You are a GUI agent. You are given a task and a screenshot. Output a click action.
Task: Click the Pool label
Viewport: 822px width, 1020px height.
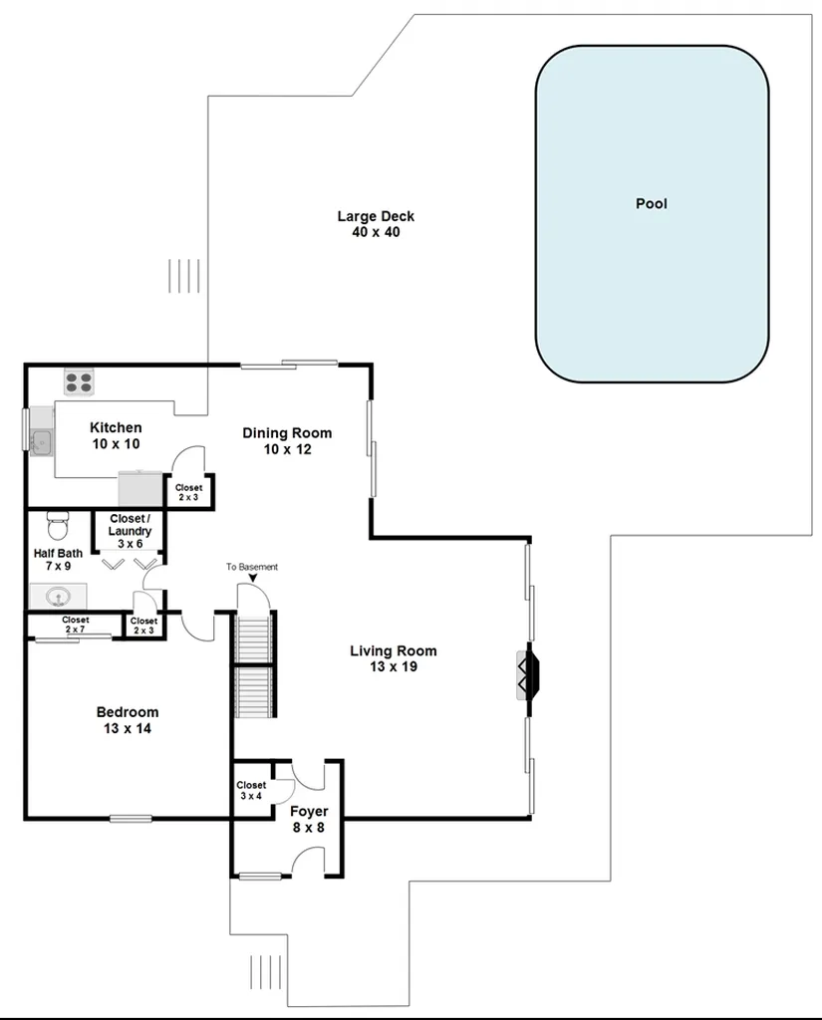pyautogui.click(x=652, y=203)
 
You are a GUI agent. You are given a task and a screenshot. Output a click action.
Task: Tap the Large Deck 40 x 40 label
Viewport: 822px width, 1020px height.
pyautogui.click(x=376, y=224)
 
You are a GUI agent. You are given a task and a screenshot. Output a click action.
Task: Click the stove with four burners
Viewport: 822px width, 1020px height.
pyautogui.click(x=79, y=382)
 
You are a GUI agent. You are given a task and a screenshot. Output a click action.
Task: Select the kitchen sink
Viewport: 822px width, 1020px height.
pyautogui.click(x=42, y=442)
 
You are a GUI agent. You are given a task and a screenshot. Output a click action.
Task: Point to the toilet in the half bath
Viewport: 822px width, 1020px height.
pyautogui.click(x=58, y=526)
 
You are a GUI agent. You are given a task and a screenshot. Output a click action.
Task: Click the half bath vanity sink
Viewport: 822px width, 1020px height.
pyautogui.click(x=59, y=596)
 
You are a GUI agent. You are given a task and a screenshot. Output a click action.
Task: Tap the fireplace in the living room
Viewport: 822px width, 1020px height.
pyautogui.click(x=528, y=675)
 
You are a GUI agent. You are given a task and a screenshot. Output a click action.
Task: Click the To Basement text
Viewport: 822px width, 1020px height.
pyautogui.click(x=252, y=567)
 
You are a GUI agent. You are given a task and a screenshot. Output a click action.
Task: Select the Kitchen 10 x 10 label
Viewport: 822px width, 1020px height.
pyautogui.click(x=116, y=435)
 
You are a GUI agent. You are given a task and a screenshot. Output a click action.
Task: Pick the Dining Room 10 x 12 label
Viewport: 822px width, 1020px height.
pyautogui.click(x=287, y=441)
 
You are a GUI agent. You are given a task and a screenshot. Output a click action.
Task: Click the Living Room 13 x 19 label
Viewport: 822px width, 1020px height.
pyautogui.click(x=394, y=658)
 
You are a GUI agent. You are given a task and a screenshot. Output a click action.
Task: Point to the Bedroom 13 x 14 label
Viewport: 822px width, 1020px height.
pyautogui.click(x=128, y=720)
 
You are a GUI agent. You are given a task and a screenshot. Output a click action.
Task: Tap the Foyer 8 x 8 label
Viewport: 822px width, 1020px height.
pyautogui.click(x=309, y=819)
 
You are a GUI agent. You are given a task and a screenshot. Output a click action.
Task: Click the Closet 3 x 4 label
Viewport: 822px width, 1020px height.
pyautogui.click(x=251, y=790)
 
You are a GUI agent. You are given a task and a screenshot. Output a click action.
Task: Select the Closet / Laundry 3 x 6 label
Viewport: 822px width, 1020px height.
pyautogui.click(x=130, y=531)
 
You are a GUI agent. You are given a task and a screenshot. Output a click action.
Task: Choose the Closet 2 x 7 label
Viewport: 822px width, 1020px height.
pyautogui.click(x=76, y=625)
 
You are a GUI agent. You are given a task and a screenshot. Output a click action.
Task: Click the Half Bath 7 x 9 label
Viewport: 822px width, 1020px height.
pyautogui.click(x=58, y=560)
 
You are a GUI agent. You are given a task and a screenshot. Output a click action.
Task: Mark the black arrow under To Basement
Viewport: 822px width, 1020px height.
pyautogui.click(x=252, y=578)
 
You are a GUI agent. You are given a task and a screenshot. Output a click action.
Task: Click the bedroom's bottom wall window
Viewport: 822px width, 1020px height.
pyautogui.click(x=131, y=819)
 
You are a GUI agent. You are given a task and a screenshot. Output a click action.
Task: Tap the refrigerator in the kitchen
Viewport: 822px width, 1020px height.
pyautogui.click(x=139, y=488)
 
